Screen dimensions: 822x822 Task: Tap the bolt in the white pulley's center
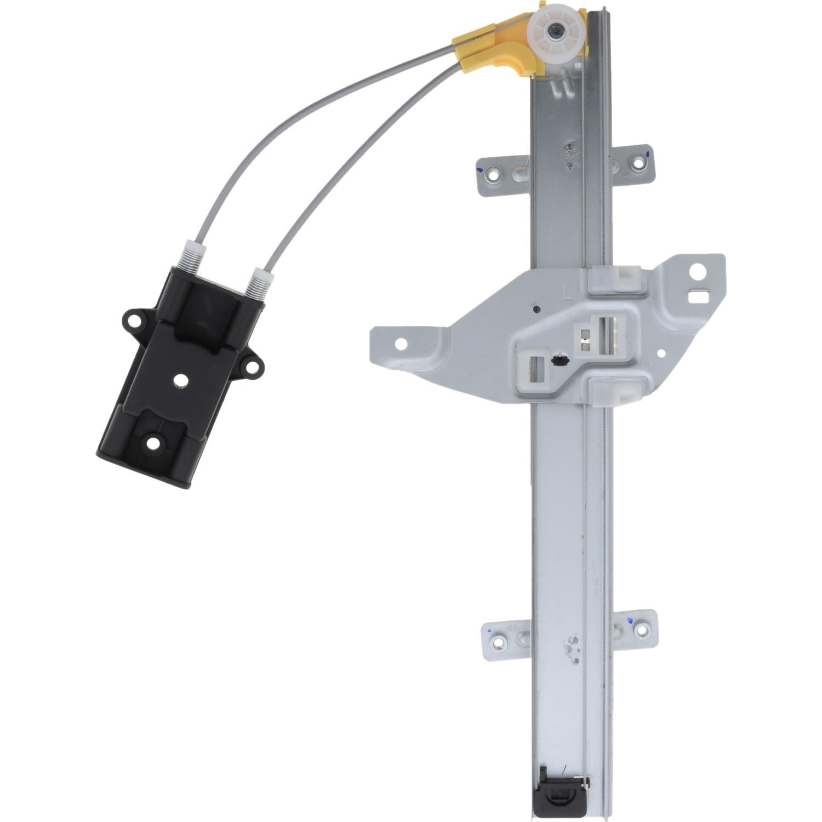[557, 32]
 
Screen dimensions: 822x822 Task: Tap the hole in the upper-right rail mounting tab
[638, 162]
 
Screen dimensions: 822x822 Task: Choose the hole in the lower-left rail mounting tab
[499, 641]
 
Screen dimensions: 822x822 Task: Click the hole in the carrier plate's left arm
[402, 344]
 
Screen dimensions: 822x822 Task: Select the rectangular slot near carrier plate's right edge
[698, 296]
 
